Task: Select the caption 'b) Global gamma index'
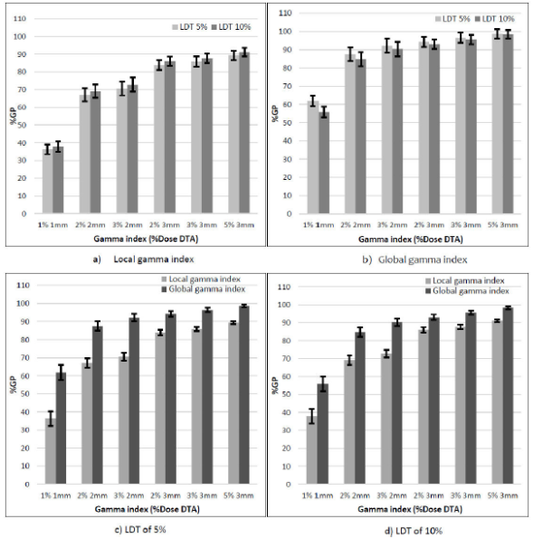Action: (403, 260)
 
